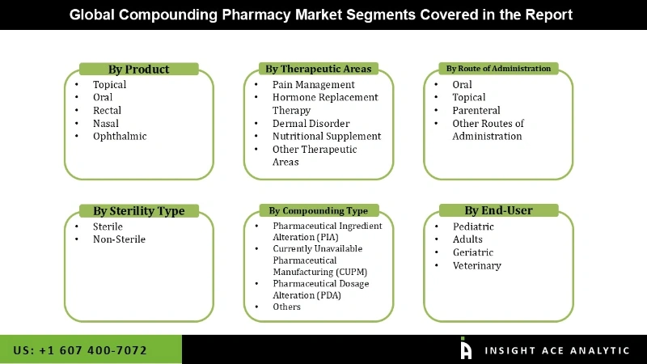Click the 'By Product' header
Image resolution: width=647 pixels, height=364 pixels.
[139, 70]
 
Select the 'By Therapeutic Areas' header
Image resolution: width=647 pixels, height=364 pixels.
[319, 69]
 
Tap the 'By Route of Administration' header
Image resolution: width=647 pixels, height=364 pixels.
[498, 69]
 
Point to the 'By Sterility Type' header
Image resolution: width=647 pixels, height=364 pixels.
[139, 211]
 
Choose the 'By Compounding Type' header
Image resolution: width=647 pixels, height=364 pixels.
[319, 211]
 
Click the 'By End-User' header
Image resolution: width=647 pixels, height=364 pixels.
[498, 211]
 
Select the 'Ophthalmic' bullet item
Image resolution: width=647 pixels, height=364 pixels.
[120, 137]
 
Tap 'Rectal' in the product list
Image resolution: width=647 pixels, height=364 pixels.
[107, 111]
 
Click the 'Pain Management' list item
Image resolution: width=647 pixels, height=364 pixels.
[314, 85]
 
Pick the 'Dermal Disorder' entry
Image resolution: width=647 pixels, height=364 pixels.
[311, 124]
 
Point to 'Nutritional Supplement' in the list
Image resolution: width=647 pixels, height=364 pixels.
[327, 137]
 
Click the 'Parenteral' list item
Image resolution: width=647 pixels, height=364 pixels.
[476, 111]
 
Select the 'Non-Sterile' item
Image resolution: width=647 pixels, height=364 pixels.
[119, 239]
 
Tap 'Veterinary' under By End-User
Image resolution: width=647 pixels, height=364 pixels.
[477, 265]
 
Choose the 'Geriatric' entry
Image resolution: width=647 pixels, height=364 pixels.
[473, 252]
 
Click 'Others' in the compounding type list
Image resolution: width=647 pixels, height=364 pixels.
[286, 307]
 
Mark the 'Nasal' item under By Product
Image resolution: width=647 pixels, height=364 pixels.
[105, 124]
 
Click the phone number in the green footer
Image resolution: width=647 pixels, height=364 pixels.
[80, 350]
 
